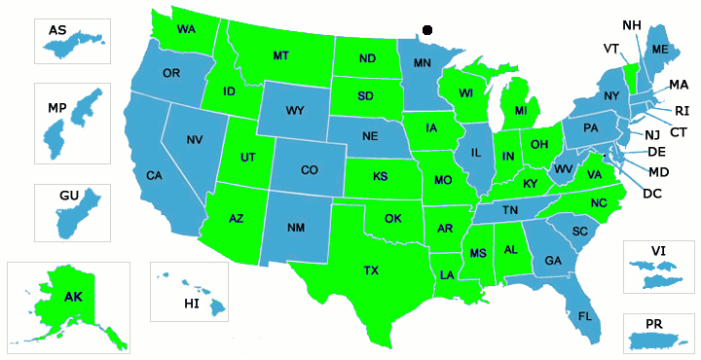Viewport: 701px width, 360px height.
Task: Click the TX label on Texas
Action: (x=371, y=270)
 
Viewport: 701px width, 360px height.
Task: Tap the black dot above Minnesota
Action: (x=426, y=31)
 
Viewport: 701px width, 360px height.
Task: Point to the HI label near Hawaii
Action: (x=191, y=305)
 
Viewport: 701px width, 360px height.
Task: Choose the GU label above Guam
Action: (x=68, y=196)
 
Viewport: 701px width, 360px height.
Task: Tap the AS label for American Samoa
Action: (x=57, y=30)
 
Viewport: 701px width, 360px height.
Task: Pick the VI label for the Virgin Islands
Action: (x=659, y=250)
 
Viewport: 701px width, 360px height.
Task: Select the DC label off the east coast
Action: (x=651, y=193)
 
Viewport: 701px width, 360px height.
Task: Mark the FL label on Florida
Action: (x=585, y=316)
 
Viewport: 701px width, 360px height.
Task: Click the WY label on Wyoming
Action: (x=296, y=110)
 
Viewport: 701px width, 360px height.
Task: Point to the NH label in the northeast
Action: (x=631, y=23)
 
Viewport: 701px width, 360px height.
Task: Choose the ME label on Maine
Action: (x=659, y=49)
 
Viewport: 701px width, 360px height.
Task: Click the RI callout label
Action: (x=682, y=110)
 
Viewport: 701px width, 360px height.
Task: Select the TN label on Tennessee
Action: (x=508, y=210)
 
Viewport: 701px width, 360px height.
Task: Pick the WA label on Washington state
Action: (x=186, y=29)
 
